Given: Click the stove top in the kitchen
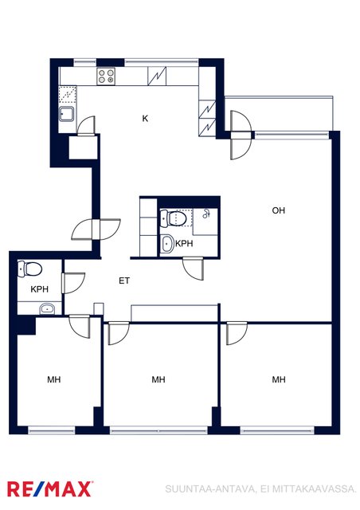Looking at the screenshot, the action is pyautogui.click(x=106, y=76).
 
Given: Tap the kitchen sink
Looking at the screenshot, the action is pyautogui.click(x=66, y=114).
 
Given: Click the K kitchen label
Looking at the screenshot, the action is pyautogui.click(x=145, y=119).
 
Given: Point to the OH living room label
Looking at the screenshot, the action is pyautogui.click(x=279, y=210).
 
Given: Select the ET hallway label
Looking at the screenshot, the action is pyautogui.click(x=124, y=280).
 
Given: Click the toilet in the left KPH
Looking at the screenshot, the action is pyautogui.click(x=30, y=269).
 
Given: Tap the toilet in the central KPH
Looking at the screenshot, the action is pyautogui.click(x=174, y=218).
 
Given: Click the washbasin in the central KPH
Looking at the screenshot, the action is pyautogui.click(x=167, y=243).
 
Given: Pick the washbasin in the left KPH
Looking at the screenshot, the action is pyautogui.click(x=47, y=308).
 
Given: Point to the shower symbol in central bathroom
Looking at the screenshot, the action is pyautogui.click(x=205, y=214).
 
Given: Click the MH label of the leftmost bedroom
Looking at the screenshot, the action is pyautogui.click(x=54, y=379).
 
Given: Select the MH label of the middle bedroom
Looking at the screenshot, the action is pyautogui.click(x=158, y=379).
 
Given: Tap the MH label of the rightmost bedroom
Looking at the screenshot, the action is pyautogui.click(x=279, y=379).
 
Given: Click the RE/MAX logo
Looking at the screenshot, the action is pyautogui.click(x=49, y=488).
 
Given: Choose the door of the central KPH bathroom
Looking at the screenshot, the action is pyautogui.click(x=194, y=269).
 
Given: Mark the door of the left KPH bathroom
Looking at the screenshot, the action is pyautogui.click(x=72, y=283).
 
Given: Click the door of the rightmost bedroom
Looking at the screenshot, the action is pyautogui.click(x=237, y=333).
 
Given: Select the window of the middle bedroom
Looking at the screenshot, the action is pyautogui.click(x=158, y=430).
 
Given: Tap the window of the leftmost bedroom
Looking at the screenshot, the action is pyautogui.click(x=52, y=430).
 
